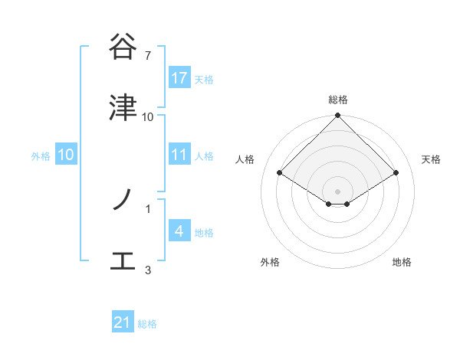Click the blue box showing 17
(x=179, y=78)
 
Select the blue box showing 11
(x=179, y=155)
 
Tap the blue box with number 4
(x=179, y=231)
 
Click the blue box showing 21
(x=123, y=323)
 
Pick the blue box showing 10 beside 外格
(x=66, y=155)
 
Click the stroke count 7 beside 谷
(x=147, y=55)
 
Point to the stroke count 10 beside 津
(x=148, y=116)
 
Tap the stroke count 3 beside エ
(x=148, y=270)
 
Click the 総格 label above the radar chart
(x=338, y=100)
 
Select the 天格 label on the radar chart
(x=432, y=159)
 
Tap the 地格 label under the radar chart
(x=402, y=262)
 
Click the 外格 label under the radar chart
(x=270, y=262)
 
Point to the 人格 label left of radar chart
(x=245, y=159)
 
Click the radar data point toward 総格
(x=338, y=116)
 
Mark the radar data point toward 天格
(x=396, y=172)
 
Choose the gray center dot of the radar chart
(x=338, y=191)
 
